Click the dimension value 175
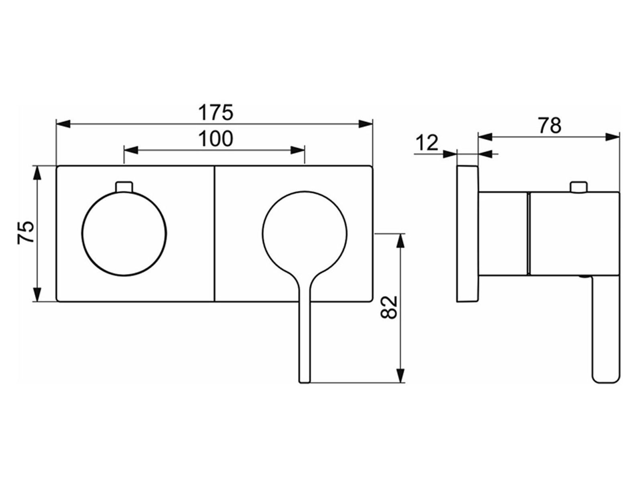pyautogui.click(x=215, y=113)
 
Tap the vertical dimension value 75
pyautogui.click(x=26, y=233)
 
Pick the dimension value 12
pyautogui.click(x=427, y=143)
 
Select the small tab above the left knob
pyautogui.click(x=124, y=187)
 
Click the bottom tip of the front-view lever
pyautogui.click(x=305, y=382)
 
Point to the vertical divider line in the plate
pyautogui.click(x=214, y=233)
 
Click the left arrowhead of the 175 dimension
pyautogui.click(x=63, y=123)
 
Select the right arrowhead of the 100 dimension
pyautogui.click(x=297, y=150)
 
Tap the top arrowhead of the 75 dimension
pyautogui.click(x=37, y=173)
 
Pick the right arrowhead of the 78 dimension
pyautogui.click(x=612, y=137)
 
